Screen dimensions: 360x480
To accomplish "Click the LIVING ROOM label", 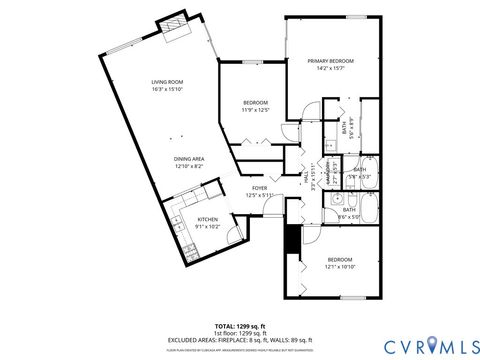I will pyautogui.click(x=166, y=82).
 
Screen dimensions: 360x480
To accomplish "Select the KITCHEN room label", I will pyautogui.click(x=207, y=219).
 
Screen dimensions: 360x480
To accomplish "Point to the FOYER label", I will pyautogui.click(x=259, y=187).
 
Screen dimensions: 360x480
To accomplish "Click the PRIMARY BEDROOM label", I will pyautogui.click(x=331, y=61).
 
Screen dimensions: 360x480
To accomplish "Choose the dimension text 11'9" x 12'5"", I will pyautogui.click(x=256, y=110).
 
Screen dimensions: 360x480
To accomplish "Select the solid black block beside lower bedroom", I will pyautogui.click(x=291, y=239).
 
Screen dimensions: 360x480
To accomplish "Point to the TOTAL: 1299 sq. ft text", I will pyautogui.click(x=239, y=326).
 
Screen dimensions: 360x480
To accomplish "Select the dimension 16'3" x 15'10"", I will pyautogui.click(x=166, y=89).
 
